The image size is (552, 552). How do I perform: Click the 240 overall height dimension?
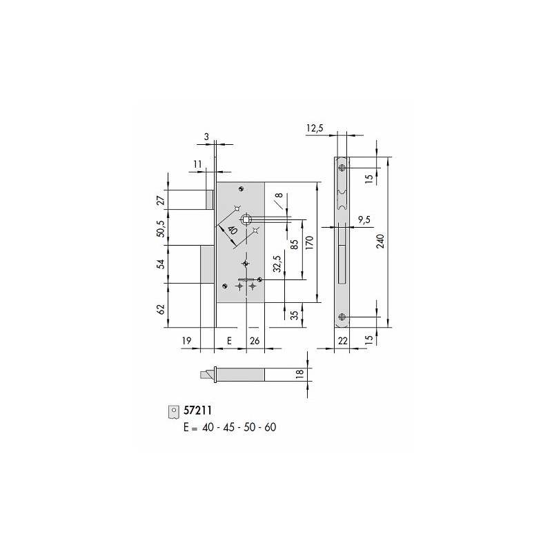click(381, 241)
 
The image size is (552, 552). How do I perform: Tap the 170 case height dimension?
click(309, 243)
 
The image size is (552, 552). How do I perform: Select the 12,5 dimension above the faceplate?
click(315, 128)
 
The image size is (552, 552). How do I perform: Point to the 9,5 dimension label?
click(364, 220)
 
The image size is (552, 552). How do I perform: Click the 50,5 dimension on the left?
click(161, 228)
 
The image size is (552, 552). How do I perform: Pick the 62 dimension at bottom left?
click(161, 309)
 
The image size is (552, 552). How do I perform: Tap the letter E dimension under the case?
click(229, 340)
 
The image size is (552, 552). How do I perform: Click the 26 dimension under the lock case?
click(255, 340)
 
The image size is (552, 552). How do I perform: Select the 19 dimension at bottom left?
click(186, 340)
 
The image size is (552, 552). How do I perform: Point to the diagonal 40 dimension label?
click(232, 230)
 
